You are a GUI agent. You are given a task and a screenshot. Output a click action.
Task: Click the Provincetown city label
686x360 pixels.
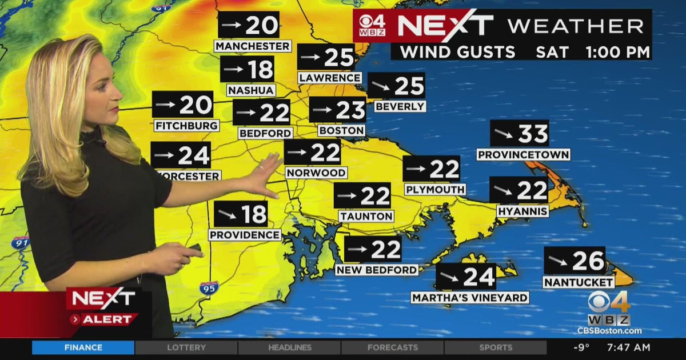(523, 154)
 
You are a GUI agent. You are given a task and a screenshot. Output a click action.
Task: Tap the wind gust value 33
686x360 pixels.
(533, 134)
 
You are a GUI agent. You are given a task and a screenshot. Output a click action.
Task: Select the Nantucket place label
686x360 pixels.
(579, 282)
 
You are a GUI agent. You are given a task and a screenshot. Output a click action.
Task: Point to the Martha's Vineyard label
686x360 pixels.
(470, 297)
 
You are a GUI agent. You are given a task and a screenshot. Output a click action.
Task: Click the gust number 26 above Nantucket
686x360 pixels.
(588, 261)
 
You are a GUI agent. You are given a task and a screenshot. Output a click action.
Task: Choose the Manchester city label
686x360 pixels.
(253, 46)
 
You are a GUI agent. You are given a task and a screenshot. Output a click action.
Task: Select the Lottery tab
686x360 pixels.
(186, 347)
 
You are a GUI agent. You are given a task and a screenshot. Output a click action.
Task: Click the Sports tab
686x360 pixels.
(495, 347)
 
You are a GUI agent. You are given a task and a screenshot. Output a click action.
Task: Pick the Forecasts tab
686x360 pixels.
(392, 347)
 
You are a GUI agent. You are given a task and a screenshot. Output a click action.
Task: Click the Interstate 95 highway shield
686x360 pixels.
(209, 287)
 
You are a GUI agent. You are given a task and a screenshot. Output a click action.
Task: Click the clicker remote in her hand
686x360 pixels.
(194, 248)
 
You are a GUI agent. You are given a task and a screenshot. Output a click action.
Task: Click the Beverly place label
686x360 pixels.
(400, 106)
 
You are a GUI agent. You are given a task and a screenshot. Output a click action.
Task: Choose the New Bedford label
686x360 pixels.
(377, 270)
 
